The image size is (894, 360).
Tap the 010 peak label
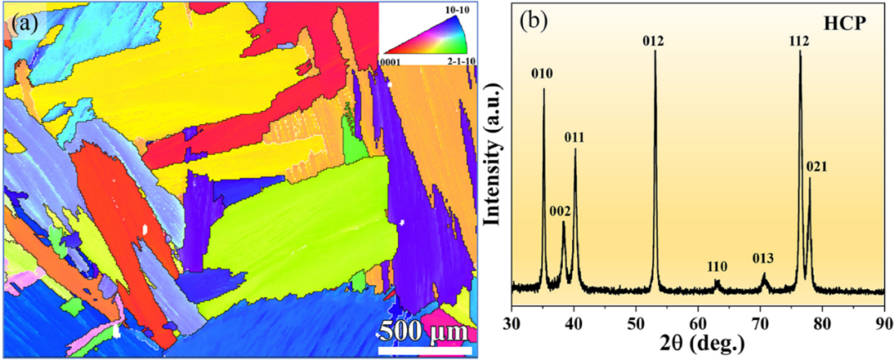tap(542, 74)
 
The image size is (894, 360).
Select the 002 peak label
tap(560, 211)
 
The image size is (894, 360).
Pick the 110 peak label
tap(717, 266)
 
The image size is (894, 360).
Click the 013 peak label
tap(763, 258)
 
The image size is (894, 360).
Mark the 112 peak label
tap(800, 40)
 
